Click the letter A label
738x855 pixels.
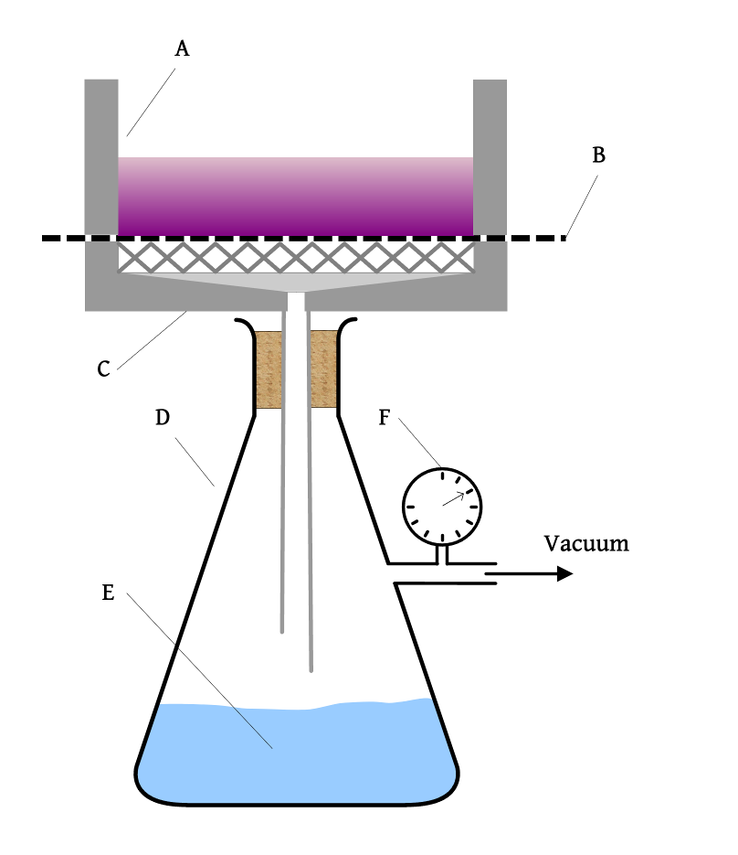182,49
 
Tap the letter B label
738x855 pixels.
598,155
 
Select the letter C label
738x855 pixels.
103,369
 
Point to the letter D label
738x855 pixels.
163,417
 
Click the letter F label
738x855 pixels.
385,418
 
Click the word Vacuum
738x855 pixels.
586,543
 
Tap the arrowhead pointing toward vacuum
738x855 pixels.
564,573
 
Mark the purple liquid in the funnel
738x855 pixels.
296,197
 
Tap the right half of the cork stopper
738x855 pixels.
323,369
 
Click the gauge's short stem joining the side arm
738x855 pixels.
443,552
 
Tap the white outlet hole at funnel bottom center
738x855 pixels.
296,301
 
